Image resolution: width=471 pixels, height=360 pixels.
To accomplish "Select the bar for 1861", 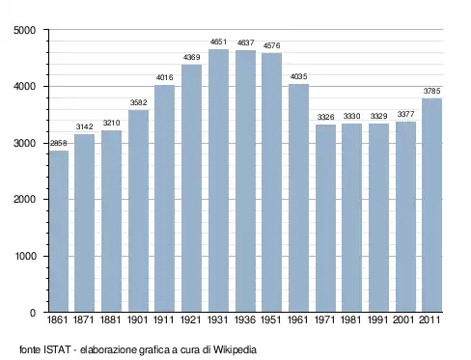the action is tap(59, 232).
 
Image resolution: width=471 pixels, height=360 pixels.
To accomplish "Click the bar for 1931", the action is tap(218, 180).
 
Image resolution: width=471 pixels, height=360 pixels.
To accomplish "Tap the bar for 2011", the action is tap(431, 206).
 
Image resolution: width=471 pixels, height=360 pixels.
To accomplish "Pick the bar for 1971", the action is tap(325, 218).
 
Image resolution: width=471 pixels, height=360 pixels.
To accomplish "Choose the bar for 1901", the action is tap(138, 211).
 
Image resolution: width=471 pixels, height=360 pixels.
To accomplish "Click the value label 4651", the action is tap(218, 42).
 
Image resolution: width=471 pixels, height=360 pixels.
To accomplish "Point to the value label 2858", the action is tap(58, 143).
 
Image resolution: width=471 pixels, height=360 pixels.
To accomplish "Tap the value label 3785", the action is tap(431, 91).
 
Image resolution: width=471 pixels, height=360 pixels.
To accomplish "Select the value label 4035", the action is tap(298, 76).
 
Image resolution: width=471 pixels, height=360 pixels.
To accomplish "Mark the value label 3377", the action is tap(405, 114).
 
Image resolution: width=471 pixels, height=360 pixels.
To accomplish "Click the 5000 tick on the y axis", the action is tap(25, 30).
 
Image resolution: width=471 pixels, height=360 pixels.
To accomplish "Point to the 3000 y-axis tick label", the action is tap(25, 143).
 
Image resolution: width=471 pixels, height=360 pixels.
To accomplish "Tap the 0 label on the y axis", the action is tap(33, 313).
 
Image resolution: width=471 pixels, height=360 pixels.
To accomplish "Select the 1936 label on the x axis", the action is tap(245, 319).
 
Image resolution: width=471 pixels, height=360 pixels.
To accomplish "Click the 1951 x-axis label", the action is tap(271, 319).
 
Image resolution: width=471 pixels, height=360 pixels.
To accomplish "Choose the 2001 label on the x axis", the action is tap(403, 319).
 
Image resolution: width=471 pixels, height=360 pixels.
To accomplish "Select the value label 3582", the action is tap(138, 102).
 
